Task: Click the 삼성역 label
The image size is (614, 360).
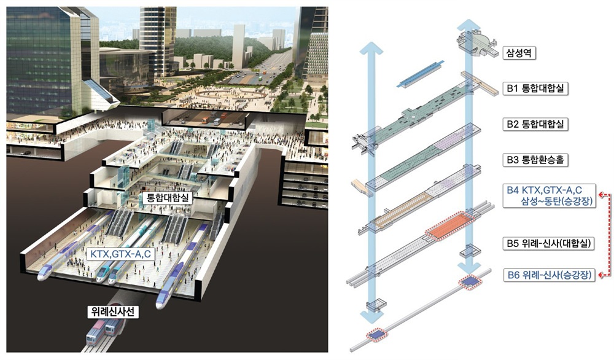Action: pyautogui.click(x=519, y=53)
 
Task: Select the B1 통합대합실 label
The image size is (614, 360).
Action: pyautogui.click(x=535, y=88)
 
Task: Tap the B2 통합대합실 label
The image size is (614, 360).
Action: pyautogui.click(x=535, y=124)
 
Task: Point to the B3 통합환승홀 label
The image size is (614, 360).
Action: pyautogui.click(x=535, y=160)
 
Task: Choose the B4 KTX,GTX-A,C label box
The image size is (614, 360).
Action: pyautogui.click(x=550, y=195)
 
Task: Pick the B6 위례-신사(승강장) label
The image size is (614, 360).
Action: pyautogui.click(x=549, y=275)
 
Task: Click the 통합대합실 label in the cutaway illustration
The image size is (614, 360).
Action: pyautogui.click(x=168, y=197)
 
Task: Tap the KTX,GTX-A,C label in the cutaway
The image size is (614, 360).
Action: pyautogui.click(x=120, y=254)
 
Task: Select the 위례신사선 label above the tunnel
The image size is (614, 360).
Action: pyautogui.click(x=113, y=311)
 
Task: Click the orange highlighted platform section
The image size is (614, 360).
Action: pyautogui.click(x=449, y=226)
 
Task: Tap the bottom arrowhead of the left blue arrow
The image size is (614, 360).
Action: pyautogui.click(x=370, y=315)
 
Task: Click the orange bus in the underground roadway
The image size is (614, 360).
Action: pyautogui.click(x=206, y=120)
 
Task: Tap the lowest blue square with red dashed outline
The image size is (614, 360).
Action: pyautogui.click(x=376, y=335)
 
